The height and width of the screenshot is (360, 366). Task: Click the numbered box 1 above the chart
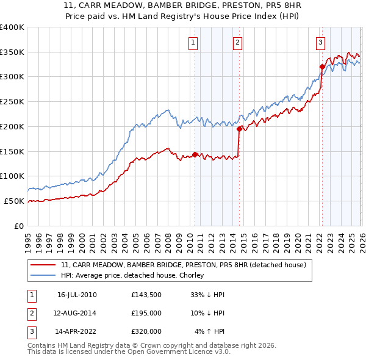193,42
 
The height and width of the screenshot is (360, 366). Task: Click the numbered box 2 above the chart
237,42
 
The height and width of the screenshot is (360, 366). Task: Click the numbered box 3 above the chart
320,42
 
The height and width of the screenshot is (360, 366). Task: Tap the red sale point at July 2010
195,154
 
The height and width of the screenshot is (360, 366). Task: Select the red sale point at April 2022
321,67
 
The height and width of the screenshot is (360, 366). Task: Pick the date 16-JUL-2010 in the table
77,295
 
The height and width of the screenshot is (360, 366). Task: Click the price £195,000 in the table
146,313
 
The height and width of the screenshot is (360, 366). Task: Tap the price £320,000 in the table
146,331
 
